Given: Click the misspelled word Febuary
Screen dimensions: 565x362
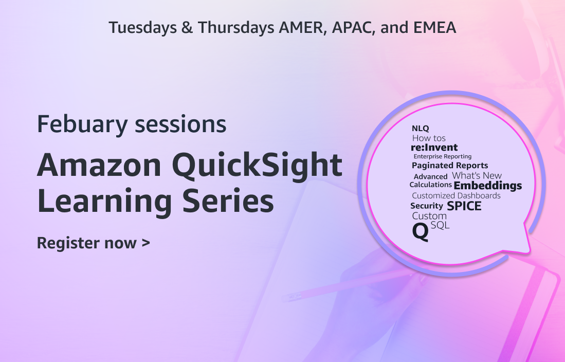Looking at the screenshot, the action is (83, 124).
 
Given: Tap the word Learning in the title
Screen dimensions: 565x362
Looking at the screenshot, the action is (105, 201).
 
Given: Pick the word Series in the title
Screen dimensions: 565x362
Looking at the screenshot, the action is (228, 201).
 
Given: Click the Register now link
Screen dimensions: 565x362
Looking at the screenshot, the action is (94, 243).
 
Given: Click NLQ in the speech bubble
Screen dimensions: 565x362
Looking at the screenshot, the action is (420, 129).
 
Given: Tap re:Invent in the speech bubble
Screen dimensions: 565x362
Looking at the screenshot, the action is (434, 147).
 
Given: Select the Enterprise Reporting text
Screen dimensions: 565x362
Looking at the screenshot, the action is (443, 156).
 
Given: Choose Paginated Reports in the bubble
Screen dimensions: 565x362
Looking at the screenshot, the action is (450, 166).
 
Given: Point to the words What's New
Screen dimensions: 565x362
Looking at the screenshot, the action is (477, 175).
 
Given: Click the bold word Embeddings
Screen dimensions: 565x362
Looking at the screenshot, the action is (488, 186).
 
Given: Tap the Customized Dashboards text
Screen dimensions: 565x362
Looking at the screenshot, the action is (456, 196).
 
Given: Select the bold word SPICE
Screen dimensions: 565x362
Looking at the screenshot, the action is (464, 206).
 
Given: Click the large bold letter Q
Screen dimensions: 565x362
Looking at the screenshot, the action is (421, 231).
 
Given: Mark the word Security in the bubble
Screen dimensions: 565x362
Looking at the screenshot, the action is (427, 206).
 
